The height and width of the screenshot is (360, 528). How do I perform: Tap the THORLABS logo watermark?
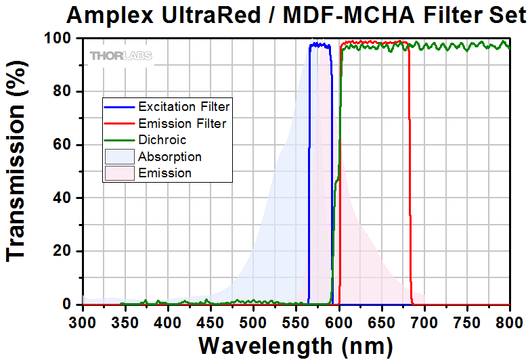[x=121, y=55]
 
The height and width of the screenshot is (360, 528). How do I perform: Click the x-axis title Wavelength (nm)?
[x=295, y=345]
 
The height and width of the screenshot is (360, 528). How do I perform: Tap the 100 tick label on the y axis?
[x=58, y=39]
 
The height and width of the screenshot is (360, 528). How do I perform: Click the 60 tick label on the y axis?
[x=62, y=145]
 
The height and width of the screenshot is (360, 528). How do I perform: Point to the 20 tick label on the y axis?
[x=62, y=252]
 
